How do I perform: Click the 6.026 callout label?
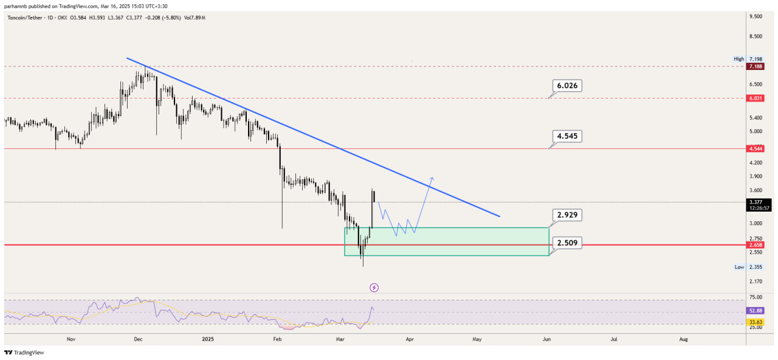click(567, 86)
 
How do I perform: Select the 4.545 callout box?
click(567, 136)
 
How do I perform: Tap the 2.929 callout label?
click(567, 215)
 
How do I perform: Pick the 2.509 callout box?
click(567, 243)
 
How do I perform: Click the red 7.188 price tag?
click(756, 66)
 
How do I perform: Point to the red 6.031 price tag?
click(756, 99)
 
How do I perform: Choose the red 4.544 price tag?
click(756, 149)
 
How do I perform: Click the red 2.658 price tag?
click(756, 245)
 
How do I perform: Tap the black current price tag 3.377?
click(759, 205)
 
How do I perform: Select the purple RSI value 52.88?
click(756, 311)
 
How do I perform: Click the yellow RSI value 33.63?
click(756, 322)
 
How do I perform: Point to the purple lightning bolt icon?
click(374, 288)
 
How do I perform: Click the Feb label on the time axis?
click(277, 339)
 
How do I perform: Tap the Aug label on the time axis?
click(683, 339)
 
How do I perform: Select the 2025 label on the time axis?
click(208, 339)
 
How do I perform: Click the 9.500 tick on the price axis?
click(756, 16)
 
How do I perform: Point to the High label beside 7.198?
click(738, 59)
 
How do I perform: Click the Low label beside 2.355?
click(739, 267)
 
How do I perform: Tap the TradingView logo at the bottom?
click(24, 353)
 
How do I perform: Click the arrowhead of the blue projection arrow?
click(432, 179)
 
